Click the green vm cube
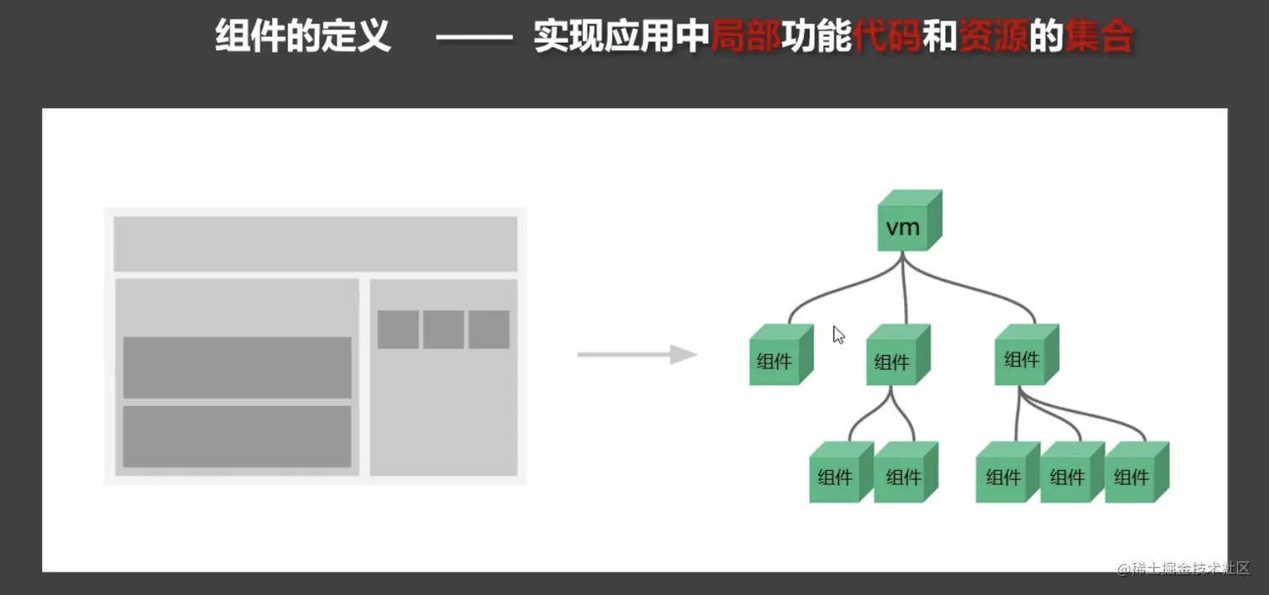(905, 223)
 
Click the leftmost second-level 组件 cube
(777, 358)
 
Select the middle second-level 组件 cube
(895, 358)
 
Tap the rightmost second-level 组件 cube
(1024, 356)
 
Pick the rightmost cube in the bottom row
(1134, 474)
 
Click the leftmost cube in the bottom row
(838, 474)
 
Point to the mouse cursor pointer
(838, 335)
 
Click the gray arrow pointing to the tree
(637, 354)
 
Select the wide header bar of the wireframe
(315, 243)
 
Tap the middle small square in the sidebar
(443, 329)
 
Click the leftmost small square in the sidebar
(398, 329)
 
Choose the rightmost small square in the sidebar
(488, 329)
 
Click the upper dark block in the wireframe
(237, 368)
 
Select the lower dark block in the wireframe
(237, 436)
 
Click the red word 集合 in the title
(1098, 38)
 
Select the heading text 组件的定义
(303, 38)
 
